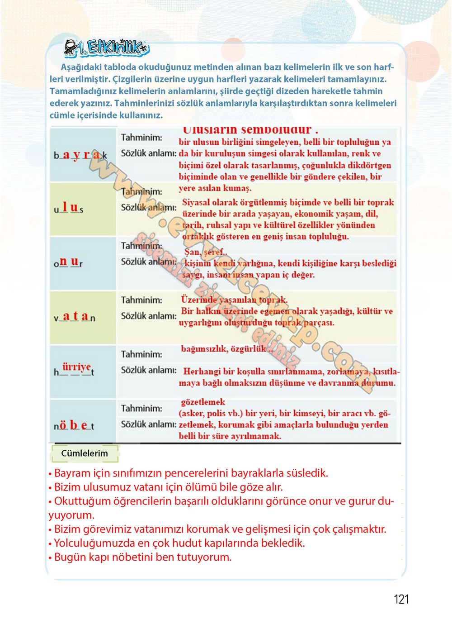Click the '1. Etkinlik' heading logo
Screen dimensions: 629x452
click(x=107, y=48)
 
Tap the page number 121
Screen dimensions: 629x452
click(x=401, y=599)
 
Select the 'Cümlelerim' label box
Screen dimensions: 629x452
click(x=85, y=453)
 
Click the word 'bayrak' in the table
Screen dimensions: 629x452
click(x=80, y=155)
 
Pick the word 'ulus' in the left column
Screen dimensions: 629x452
click(x=69, y=209)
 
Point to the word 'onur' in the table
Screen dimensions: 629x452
click(x=68, y=262)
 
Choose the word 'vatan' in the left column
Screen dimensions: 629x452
click(x=75, y=317)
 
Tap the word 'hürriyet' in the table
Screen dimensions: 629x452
click(x=74, y=369)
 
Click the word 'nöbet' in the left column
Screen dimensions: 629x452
click(x=74, y=425)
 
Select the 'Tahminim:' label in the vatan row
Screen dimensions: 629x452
click(x=141, y=300)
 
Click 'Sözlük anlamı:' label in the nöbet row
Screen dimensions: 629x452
click(x=148, y=424)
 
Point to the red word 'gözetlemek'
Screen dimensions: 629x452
click(x=203, y=402)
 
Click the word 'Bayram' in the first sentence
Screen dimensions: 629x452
click(x=72, y=473)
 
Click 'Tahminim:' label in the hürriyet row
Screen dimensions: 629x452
click(x=141, y=354)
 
